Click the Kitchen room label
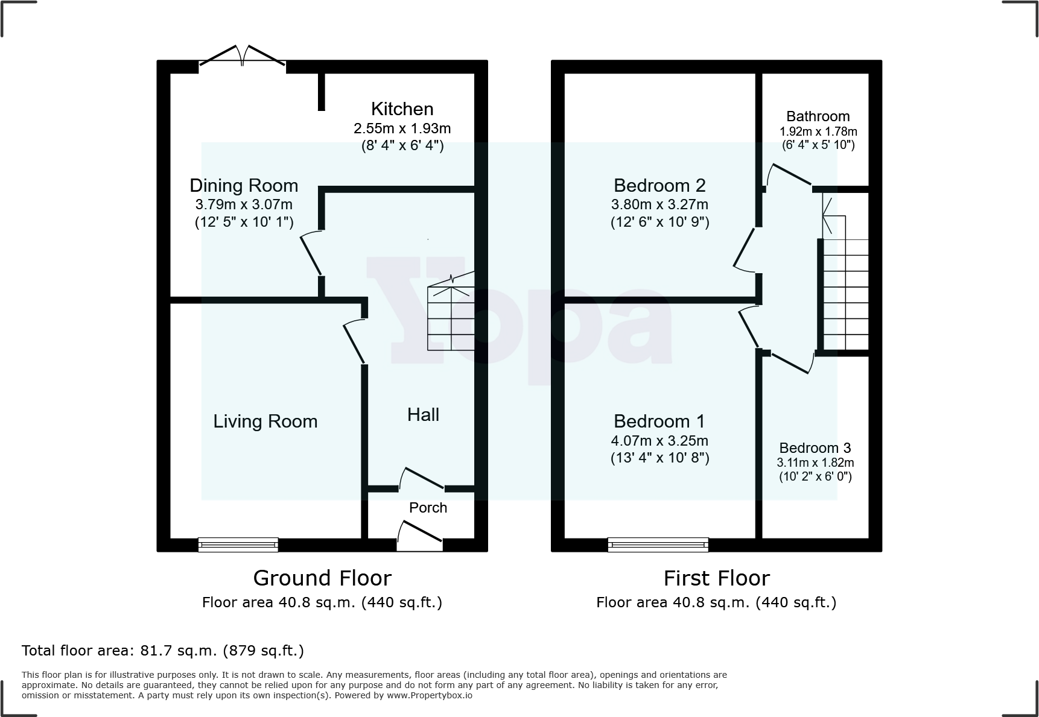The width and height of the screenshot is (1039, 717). [402, 109]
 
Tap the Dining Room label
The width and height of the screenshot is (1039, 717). [244, 185]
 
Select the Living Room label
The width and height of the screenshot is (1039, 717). [265, 421]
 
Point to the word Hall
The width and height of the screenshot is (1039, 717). [423, 414]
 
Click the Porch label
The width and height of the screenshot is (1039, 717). [428, 508]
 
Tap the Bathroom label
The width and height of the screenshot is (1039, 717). [818, 116]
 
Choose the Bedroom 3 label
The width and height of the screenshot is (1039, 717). [815, 448]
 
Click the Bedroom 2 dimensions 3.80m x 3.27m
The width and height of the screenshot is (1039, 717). [659, 204]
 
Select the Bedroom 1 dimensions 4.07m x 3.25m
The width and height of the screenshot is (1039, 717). [659, 440]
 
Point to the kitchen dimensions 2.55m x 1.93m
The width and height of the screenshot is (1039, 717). [402, 128]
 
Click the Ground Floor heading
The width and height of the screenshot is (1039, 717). [322, 578]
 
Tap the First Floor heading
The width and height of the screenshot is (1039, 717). [716, 578]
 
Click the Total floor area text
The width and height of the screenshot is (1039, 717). [163, 651]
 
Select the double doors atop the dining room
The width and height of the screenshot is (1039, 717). [243, 58]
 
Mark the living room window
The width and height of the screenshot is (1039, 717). [238, 545]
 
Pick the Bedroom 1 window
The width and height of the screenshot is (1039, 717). [658, 545]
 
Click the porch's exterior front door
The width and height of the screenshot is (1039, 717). [420, 539]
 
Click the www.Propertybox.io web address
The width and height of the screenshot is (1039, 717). [429, 695]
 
